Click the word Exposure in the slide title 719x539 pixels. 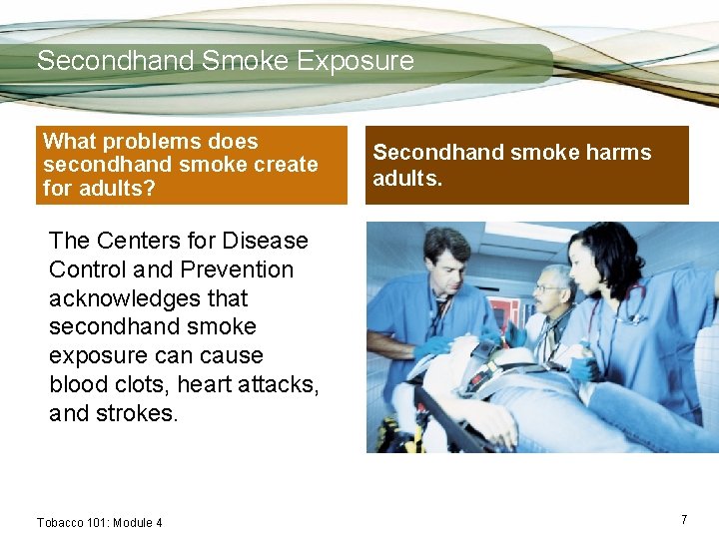(x=355, y=61)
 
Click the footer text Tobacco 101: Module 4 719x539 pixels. (x=99, y=522)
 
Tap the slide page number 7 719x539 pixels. (x=684, y=520)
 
